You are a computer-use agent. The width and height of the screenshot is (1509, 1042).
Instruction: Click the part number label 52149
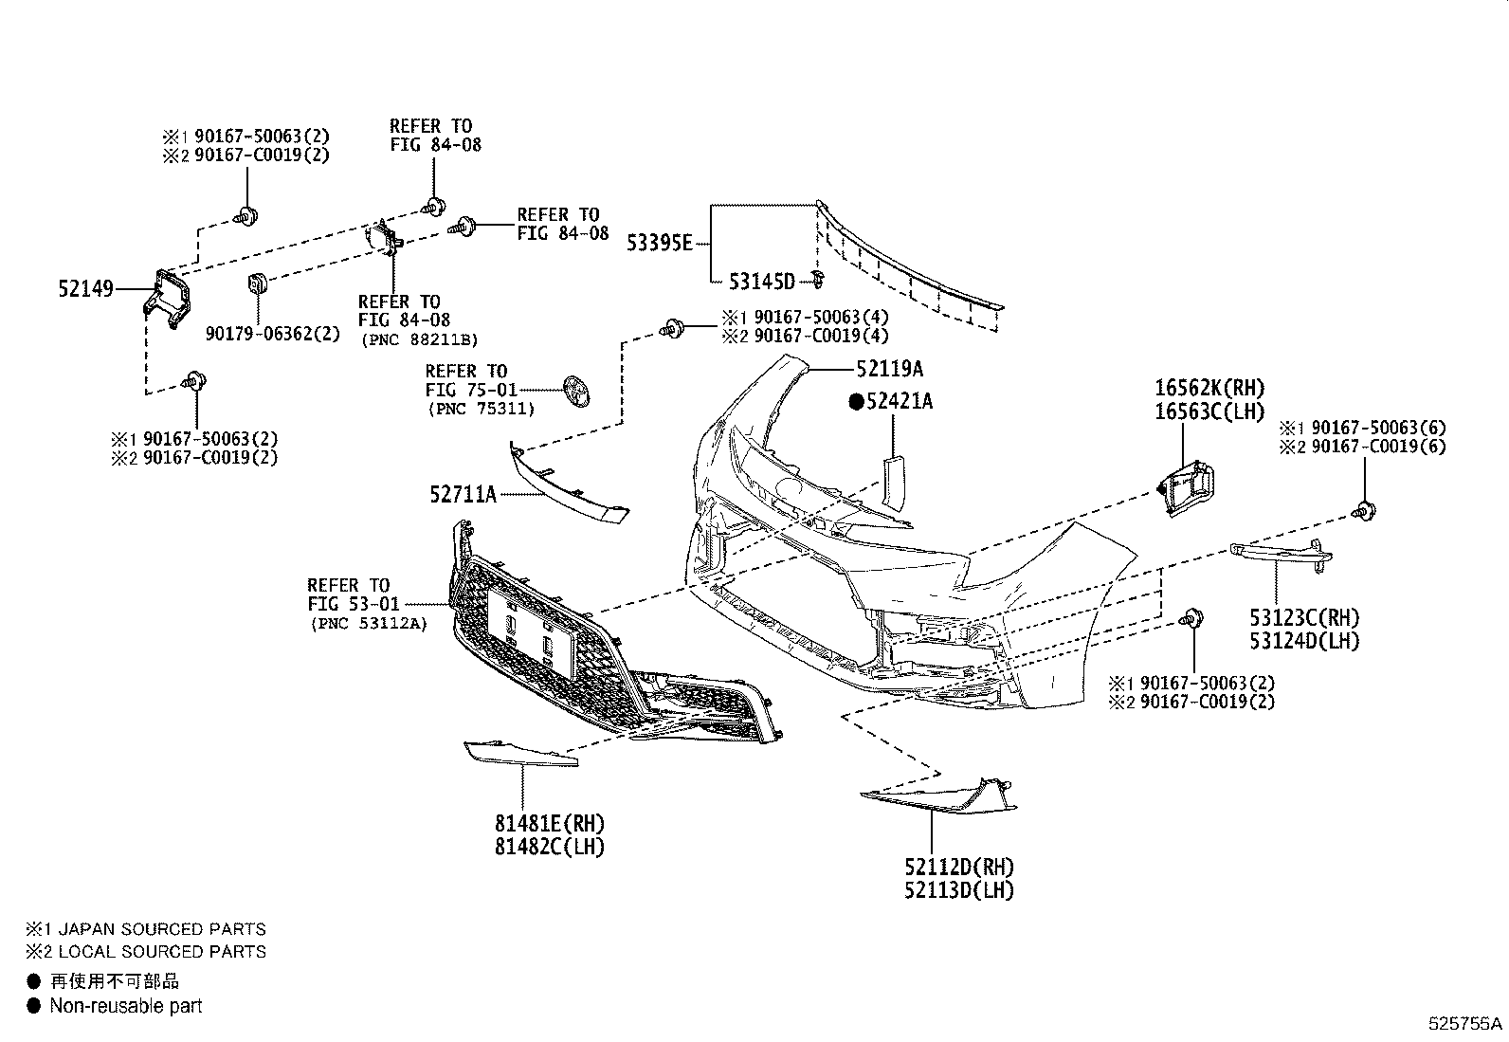(85, 289)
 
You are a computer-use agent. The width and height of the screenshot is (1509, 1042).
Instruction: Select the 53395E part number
(660, 243)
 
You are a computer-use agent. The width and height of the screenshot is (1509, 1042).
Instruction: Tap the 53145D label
(762, 281)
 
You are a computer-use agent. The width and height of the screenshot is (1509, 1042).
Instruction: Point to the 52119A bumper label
(890, 369)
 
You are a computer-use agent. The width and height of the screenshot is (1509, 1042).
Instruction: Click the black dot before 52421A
(856, 402)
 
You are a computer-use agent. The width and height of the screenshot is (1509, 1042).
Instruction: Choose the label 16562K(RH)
(1209, 388)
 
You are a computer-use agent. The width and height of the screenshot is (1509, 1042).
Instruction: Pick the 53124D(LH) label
(1304, 640)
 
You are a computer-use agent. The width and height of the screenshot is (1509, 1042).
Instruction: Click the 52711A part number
(463, 495)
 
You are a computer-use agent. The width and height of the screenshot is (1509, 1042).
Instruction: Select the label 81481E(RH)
(550, 823)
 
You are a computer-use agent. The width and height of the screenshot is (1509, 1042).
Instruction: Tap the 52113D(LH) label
(958, 889)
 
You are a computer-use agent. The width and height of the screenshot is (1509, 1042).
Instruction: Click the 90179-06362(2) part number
(273, 334)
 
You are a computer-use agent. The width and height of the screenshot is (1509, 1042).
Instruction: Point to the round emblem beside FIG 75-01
(576, 391)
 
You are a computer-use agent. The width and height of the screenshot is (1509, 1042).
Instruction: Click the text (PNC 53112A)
(369, 624)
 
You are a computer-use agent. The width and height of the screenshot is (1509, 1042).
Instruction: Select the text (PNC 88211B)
(419, 339)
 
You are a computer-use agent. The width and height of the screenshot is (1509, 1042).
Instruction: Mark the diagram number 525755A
(1465, 1024)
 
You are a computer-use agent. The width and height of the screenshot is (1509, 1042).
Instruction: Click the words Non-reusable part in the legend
(126, 1006)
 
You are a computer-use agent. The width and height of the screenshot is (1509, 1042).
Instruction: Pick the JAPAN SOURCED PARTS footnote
(162, 929)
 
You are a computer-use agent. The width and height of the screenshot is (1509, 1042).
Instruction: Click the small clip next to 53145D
(817, 279)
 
